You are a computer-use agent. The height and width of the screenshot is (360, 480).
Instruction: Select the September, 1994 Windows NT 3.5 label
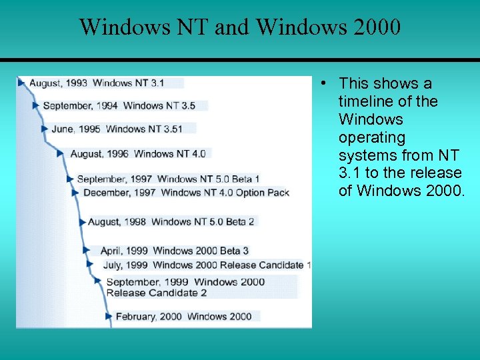point(119,105)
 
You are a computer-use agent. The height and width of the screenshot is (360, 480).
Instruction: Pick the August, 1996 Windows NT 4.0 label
point(138,153)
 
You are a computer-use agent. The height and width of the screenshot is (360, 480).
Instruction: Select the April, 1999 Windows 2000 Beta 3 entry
point(175,251)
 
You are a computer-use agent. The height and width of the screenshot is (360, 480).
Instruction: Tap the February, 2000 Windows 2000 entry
point(183,316)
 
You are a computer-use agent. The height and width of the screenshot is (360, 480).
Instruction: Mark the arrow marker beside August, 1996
point(61,153)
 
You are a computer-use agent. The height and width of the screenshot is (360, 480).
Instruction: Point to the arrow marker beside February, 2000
point(109,316)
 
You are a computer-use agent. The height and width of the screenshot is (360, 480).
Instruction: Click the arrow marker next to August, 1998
point(83,221)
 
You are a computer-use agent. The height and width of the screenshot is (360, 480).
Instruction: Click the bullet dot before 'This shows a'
point(322,83)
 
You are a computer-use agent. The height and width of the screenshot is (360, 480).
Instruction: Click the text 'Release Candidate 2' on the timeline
point(157,293)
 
